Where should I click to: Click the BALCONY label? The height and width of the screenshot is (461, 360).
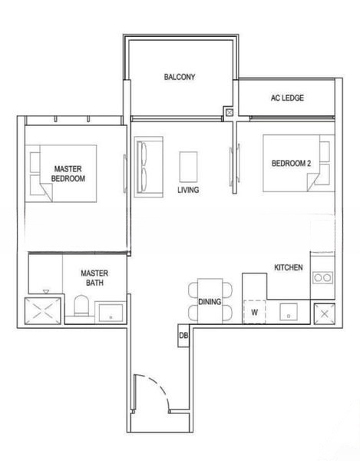point(180,77)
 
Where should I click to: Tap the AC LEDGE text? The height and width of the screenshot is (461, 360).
point(286,98)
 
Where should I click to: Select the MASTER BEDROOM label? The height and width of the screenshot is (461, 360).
point(68,173)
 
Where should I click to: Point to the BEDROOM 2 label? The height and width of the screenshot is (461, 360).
point(291,163)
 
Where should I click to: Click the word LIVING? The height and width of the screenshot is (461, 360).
point(189,190)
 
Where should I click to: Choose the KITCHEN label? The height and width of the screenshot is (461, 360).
point(289,267)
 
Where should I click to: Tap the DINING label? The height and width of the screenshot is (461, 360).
point(210,302)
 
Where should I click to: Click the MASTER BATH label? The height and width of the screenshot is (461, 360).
point(94,277)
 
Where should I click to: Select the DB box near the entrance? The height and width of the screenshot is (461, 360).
point(183,336)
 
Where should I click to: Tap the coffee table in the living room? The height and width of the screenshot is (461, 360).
point(189,165)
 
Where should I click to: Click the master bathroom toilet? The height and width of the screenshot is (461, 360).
point(79,310)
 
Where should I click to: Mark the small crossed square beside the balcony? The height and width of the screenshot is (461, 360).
point(229,113)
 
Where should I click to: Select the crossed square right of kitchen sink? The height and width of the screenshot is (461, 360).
point(325,313)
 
